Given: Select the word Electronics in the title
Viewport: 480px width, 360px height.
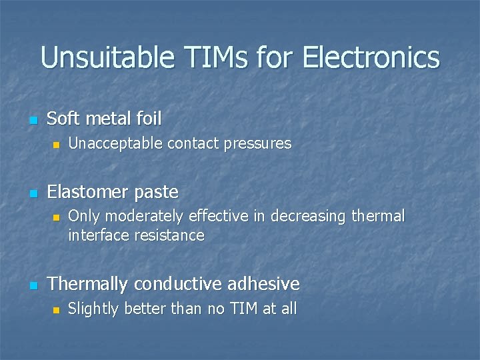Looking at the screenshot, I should click(x=371, y=57).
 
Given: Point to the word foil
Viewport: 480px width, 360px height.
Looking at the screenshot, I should click(x=149, y=119).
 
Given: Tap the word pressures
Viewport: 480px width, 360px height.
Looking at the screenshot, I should click(x=260, y=143).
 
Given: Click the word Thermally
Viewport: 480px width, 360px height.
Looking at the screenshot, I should click(x=88, y=284).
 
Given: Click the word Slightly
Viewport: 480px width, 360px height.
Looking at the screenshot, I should click(x=92, y=309).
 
